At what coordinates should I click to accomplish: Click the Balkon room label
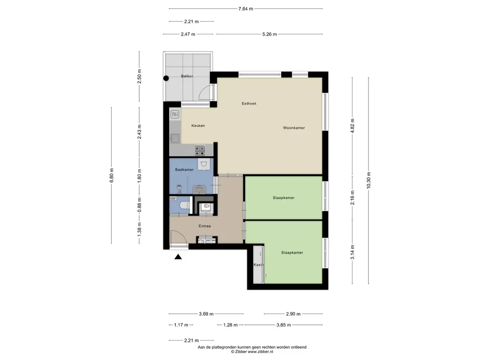(187, 76)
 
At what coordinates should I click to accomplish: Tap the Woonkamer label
(294, 128)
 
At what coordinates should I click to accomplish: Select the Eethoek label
(249, 104)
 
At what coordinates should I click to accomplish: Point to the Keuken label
(198, 126)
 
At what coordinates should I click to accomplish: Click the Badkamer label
(184, 170)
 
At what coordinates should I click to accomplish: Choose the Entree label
(205, 226)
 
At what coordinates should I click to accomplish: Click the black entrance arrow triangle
(178, 257)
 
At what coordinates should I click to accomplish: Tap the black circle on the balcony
(166, 78)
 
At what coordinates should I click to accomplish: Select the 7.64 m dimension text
(246, 9)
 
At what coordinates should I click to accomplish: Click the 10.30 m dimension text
(368, 180)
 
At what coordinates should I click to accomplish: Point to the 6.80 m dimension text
(112, 175)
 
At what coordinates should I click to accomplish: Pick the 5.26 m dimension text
(270, 34)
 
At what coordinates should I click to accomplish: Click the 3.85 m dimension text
(284, 325)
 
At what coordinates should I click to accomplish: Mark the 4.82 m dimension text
(352, 126)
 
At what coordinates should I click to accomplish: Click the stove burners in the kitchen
(200, 150)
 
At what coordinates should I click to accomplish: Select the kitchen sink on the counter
(175, 138)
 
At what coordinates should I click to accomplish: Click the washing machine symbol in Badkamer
(204, 164)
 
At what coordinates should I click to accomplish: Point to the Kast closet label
(258, 265)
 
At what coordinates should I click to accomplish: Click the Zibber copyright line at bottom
(252, 352)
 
